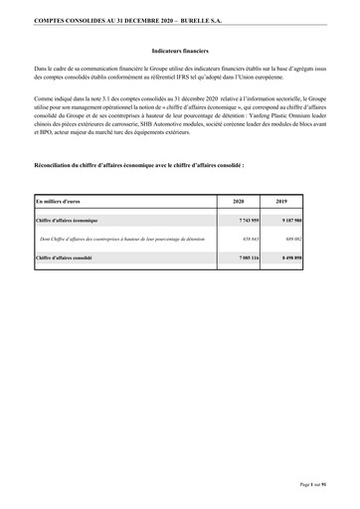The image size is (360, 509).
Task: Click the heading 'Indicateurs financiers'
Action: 180,48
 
